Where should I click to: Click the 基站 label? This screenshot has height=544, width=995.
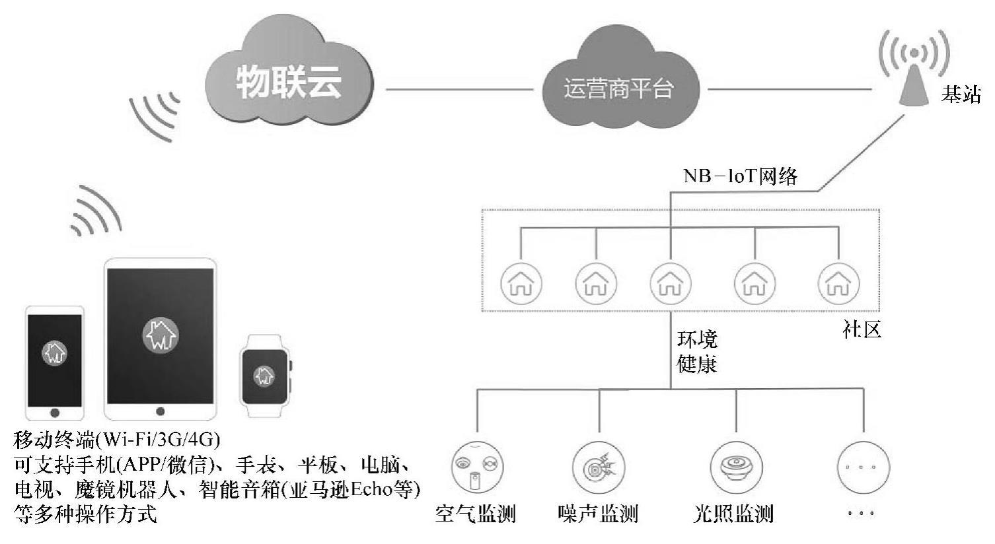click(961, 94)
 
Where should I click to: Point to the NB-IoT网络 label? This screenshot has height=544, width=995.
click(740, 176)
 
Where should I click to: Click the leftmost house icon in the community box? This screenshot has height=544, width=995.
click(521, 283)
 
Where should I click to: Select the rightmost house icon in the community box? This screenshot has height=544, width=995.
click(838, 283)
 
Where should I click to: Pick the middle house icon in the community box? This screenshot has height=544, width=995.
click(670, 283)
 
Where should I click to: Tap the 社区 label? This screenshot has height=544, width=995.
click(862, 329)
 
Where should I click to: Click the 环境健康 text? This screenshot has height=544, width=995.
click(697, 353)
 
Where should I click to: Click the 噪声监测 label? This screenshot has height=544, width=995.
click(598, 513)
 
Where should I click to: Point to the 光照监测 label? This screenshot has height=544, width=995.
click(733, 513)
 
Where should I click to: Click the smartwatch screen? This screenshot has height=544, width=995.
click(264, 376)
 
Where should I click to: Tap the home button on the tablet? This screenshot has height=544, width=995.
click(161, 411)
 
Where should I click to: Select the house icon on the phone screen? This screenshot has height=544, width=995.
click(54, 353)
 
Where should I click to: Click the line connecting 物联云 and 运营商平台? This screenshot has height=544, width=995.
click(459, 88)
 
